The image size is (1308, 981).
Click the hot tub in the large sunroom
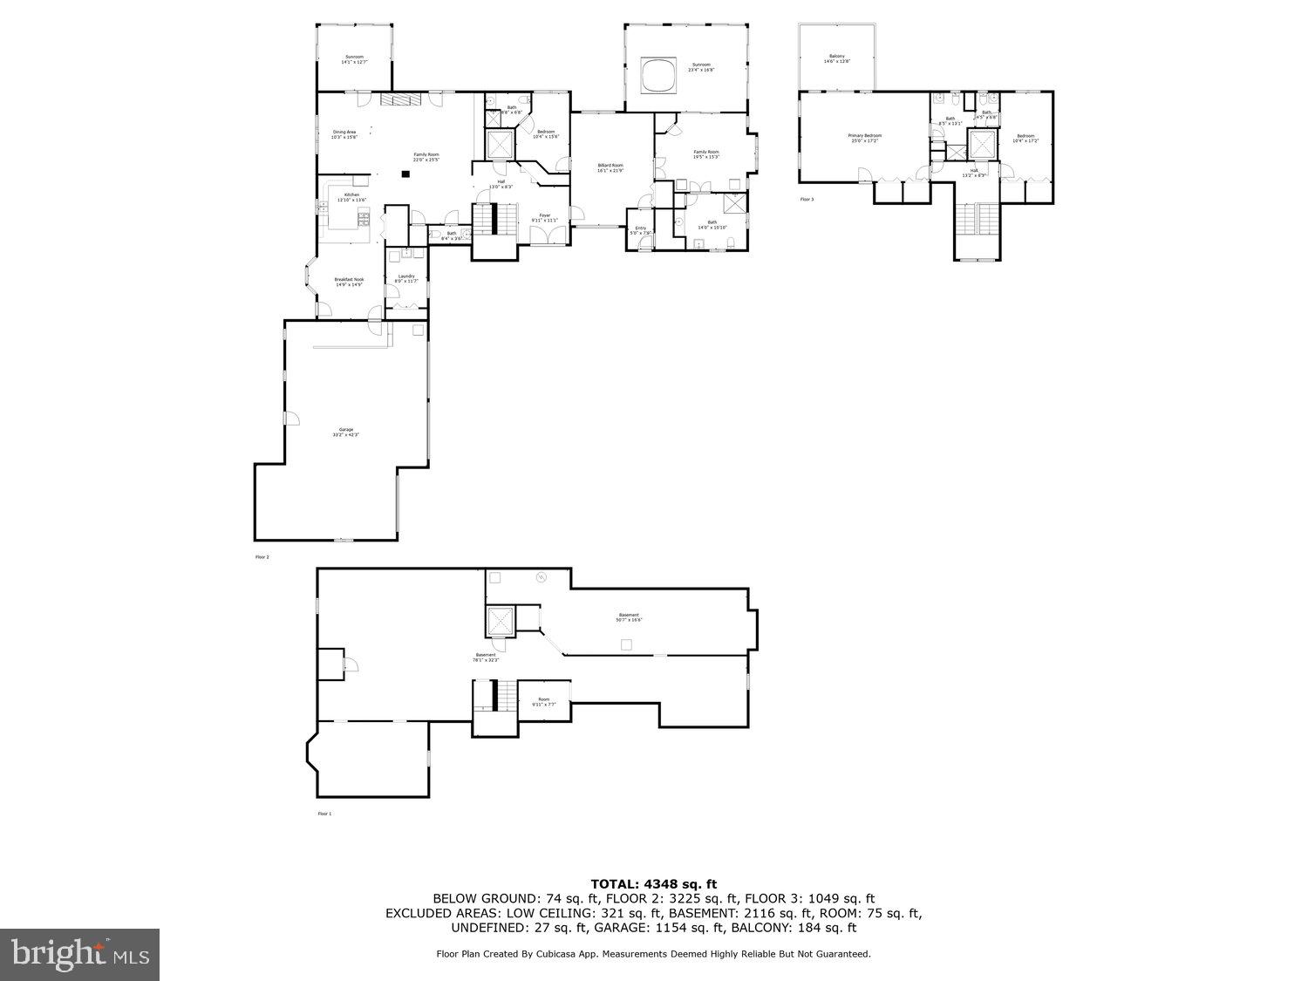tap(658, 74)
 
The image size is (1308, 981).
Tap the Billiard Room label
tap(610, 167)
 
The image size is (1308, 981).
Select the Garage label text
tap(346, 432)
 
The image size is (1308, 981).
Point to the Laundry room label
tap(406, 278)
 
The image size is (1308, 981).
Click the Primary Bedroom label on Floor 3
tap(865, 137)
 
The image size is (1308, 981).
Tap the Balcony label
tap(836, 59)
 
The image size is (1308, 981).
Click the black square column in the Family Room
tap(405, 174)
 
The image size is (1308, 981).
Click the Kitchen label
tap(351, 196)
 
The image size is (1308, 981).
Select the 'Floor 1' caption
tap(324, 814)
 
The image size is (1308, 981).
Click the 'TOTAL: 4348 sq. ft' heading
tap(653, 884)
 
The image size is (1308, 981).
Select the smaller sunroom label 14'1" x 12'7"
tap(354, 59)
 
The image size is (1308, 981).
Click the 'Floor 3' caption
tap(807, 200)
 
